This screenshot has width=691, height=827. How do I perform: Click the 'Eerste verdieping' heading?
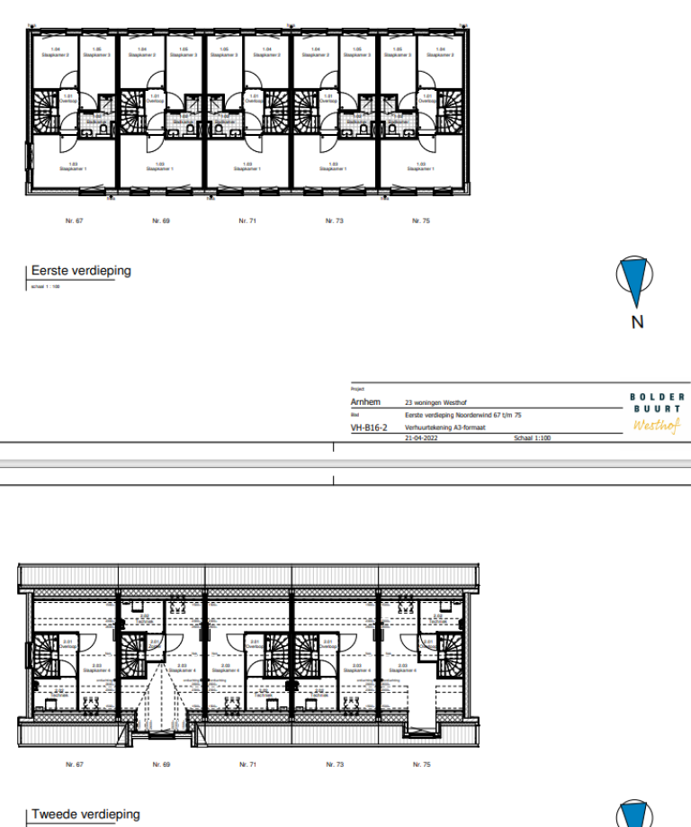click(x=81, y=271)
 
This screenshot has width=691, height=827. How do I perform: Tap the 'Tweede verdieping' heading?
click(x=85, y=814)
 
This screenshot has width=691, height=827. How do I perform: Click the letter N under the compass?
click(x=637, y=322)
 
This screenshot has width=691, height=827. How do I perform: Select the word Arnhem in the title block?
click(x=365, y=402)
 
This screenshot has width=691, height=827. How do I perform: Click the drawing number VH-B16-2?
click(x=369, y=428)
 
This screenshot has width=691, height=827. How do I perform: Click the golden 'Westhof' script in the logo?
click(x=657, y=425)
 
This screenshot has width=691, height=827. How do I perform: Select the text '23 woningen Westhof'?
click(x=438, y=402)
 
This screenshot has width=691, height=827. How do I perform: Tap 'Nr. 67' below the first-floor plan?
click(x=74, y=220)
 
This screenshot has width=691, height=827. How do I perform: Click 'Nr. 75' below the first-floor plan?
click(x=420, y=220)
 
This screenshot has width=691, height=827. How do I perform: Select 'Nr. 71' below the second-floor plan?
click(x=247, y=764)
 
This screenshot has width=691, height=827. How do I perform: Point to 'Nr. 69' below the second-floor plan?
click(x=161, y=764)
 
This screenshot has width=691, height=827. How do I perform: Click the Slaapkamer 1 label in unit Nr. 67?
click(x=73, y=166)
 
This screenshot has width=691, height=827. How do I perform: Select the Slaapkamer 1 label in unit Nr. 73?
click(x=334, y=166)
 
